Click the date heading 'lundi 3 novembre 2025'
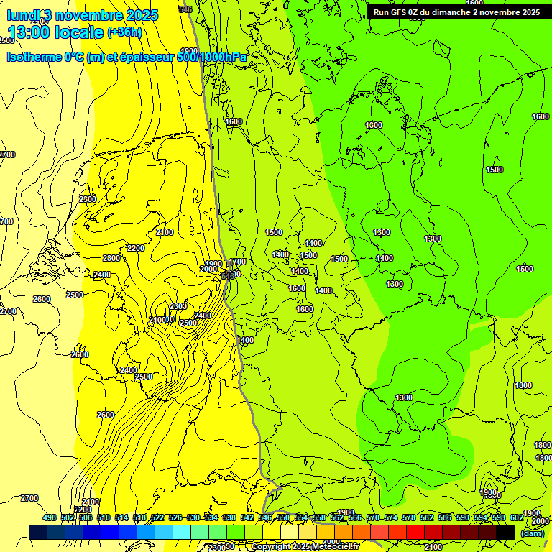[x=82, y=14]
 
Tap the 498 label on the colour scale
[x=50, y=517]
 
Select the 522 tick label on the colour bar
[x=157, y=517]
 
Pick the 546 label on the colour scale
[x=265, y=517]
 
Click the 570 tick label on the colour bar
[x=373, y=517]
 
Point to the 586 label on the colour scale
[x=445, y=517]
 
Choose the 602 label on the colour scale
[x=517, y=517]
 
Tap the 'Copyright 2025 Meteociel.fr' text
[x=305, y=546]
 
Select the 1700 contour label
[x=238, y=262]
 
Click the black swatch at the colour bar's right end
[x=505, y=532]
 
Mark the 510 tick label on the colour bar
[x=103, y=517]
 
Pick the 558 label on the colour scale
[x=319, y=517]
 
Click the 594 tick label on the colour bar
[x=481, y=517]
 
